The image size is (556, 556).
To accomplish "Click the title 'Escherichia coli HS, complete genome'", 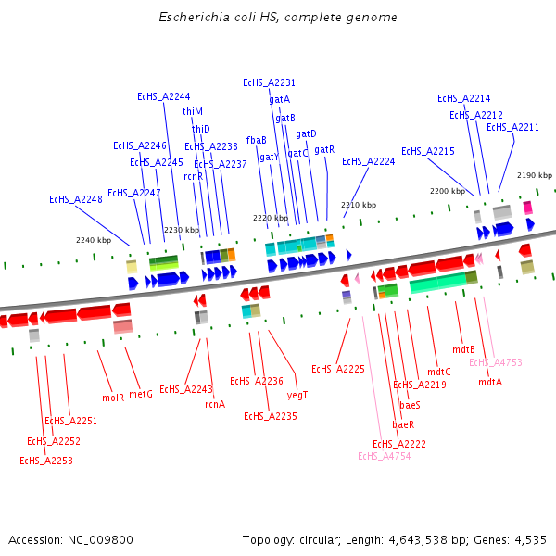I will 278,17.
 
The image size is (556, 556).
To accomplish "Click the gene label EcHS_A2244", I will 163,96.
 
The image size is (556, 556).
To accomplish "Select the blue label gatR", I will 324,149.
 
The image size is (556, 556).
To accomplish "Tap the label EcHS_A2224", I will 368,161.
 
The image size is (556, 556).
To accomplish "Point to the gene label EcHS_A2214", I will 463,98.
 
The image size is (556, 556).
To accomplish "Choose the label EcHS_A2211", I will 512,127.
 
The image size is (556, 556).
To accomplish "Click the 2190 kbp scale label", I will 534,175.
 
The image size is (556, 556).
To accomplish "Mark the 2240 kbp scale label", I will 94,240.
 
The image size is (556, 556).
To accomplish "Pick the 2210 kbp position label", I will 359,205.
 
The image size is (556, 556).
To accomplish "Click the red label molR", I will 113,398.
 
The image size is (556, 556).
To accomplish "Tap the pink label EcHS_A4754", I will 384,455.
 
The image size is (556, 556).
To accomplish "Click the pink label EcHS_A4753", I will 495,363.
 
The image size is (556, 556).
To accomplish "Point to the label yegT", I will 297,395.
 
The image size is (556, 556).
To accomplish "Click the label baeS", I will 410,405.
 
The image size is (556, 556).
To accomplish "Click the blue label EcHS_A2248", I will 75,199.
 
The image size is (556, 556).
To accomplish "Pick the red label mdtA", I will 490,382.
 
